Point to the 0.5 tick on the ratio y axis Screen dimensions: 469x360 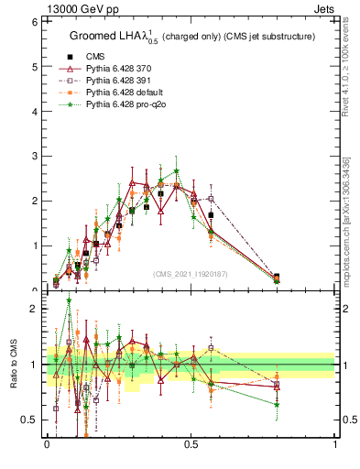click(32, 420)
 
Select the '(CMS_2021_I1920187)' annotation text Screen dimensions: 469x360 click(191, 273)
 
